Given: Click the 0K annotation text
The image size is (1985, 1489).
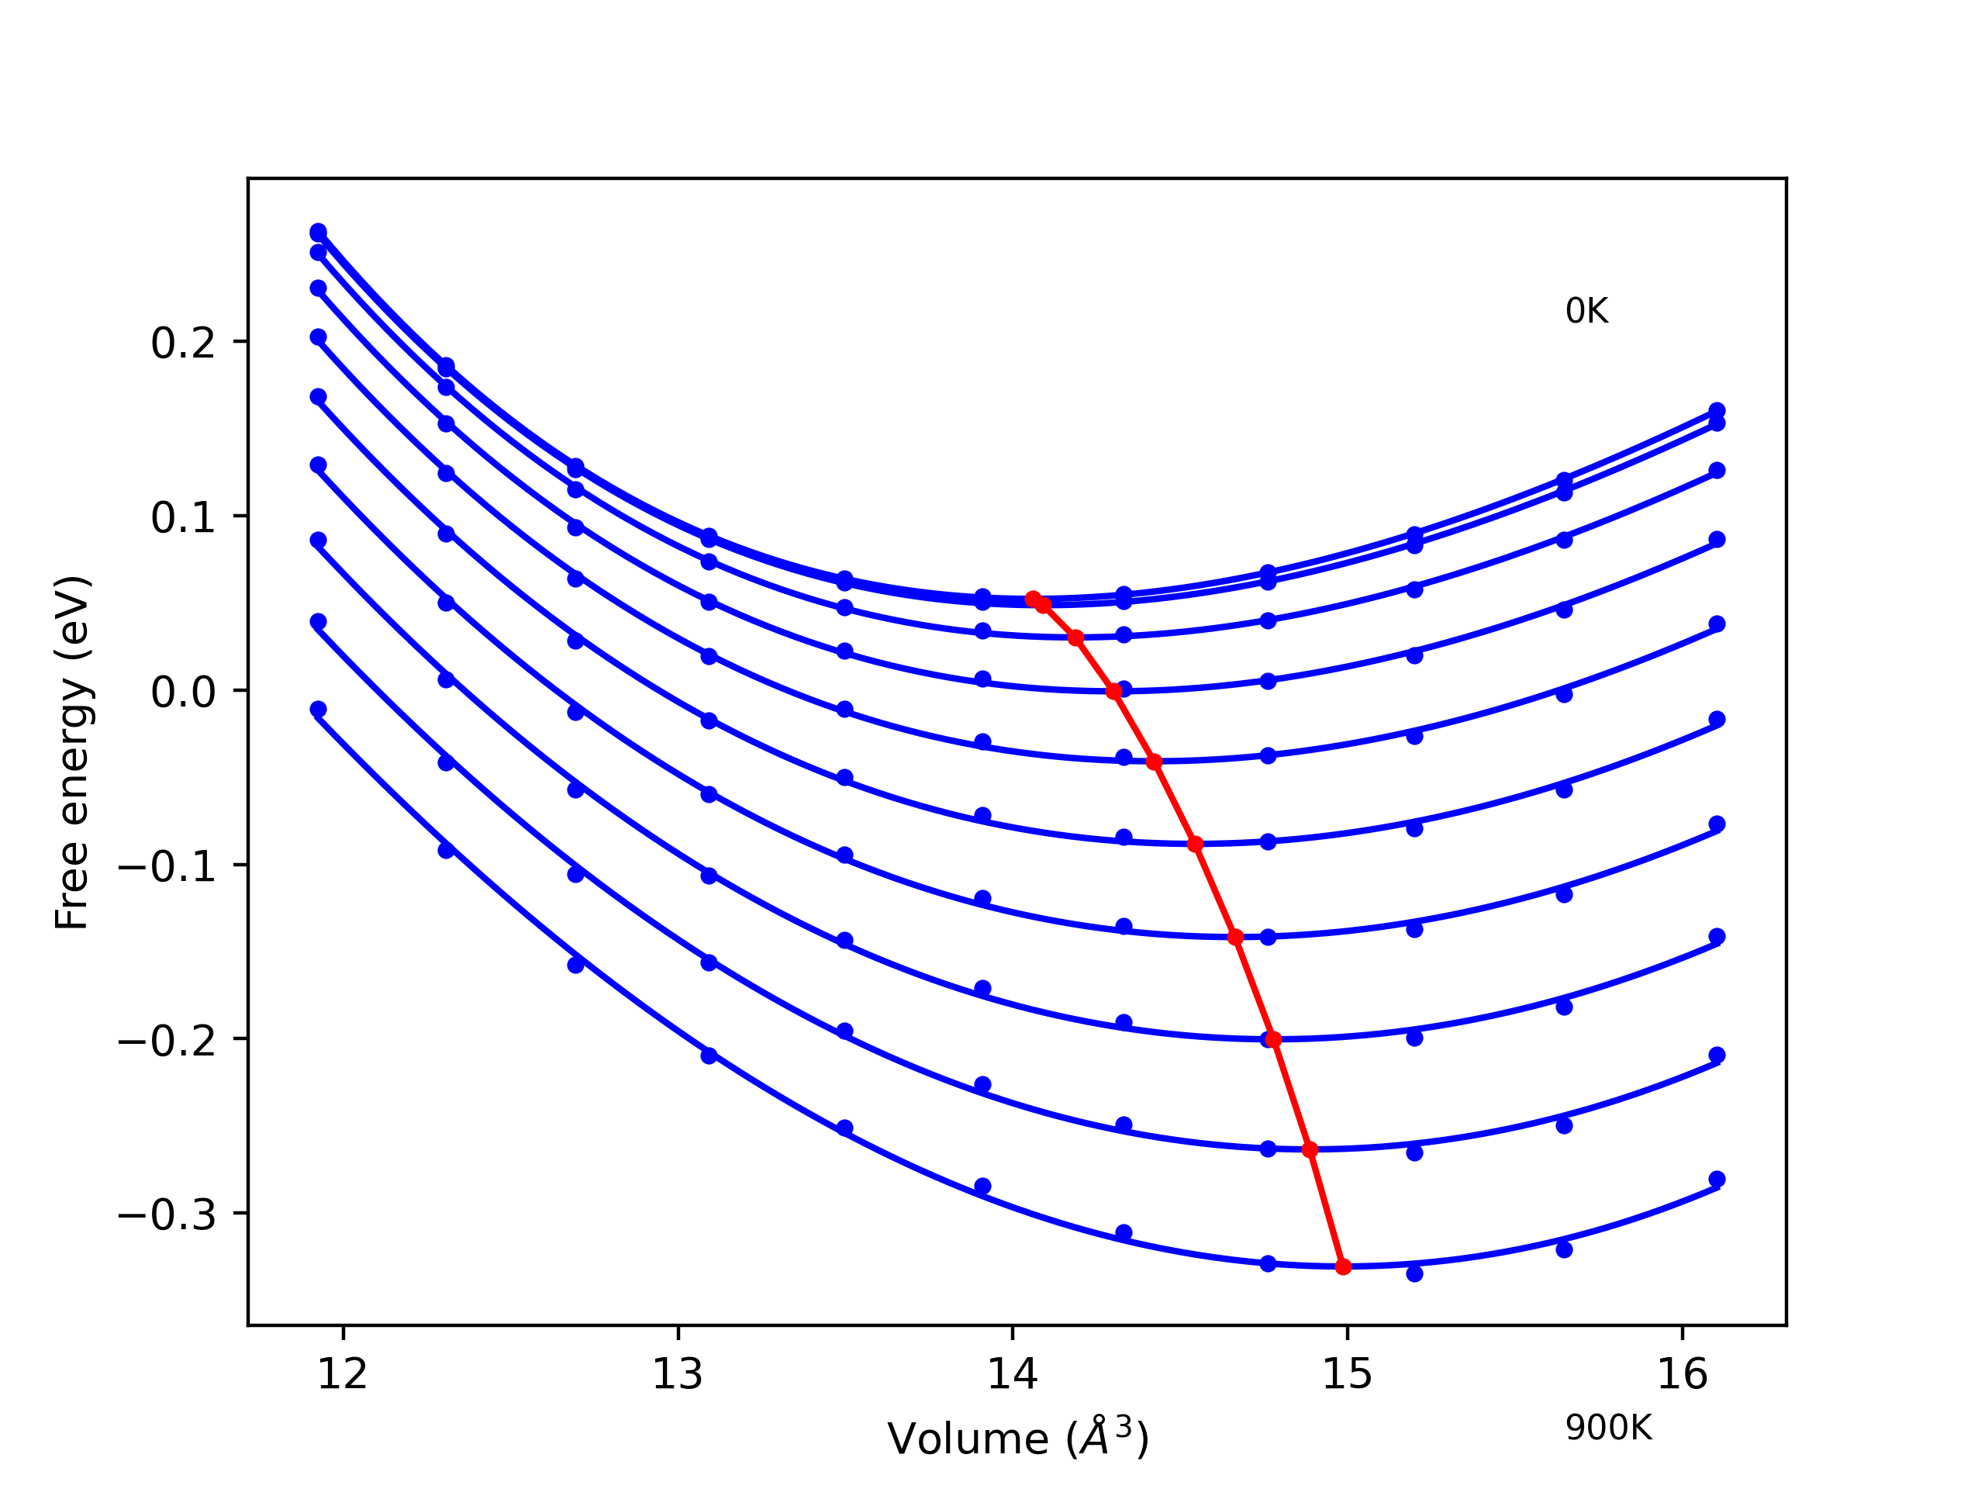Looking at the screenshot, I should tap(1586, 312).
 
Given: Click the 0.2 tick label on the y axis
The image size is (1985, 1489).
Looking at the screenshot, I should tap(184, 343).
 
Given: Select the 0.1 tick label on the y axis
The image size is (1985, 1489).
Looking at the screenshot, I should tap(184, 518).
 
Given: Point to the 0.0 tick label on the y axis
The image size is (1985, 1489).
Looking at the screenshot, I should tap(184, 692).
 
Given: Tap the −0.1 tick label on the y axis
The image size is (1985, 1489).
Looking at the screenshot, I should tap(167, 866).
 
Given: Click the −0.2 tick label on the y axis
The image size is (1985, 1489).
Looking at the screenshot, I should tap(167, 1041).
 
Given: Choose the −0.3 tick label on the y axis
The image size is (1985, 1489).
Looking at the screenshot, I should tap(167, 1215).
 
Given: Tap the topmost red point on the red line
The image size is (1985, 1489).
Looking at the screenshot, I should tap(1033, 599).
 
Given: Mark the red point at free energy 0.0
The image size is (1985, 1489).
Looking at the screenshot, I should tap(1114, 691).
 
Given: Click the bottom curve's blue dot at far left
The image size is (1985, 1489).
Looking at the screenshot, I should tap(318, 709).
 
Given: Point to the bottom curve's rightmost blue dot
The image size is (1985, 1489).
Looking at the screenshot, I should tap(1717, 1180).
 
